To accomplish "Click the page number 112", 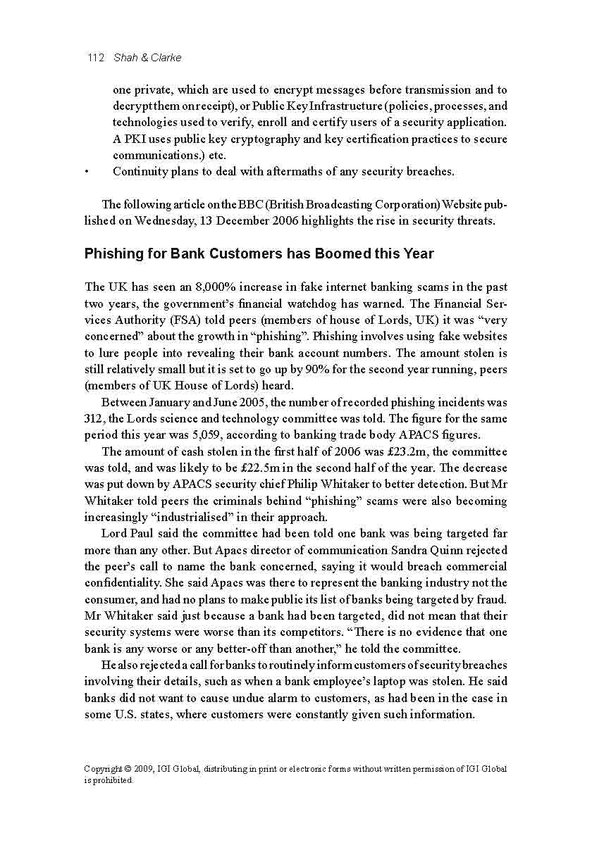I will point(96,58).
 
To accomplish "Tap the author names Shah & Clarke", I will point(147,58).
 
